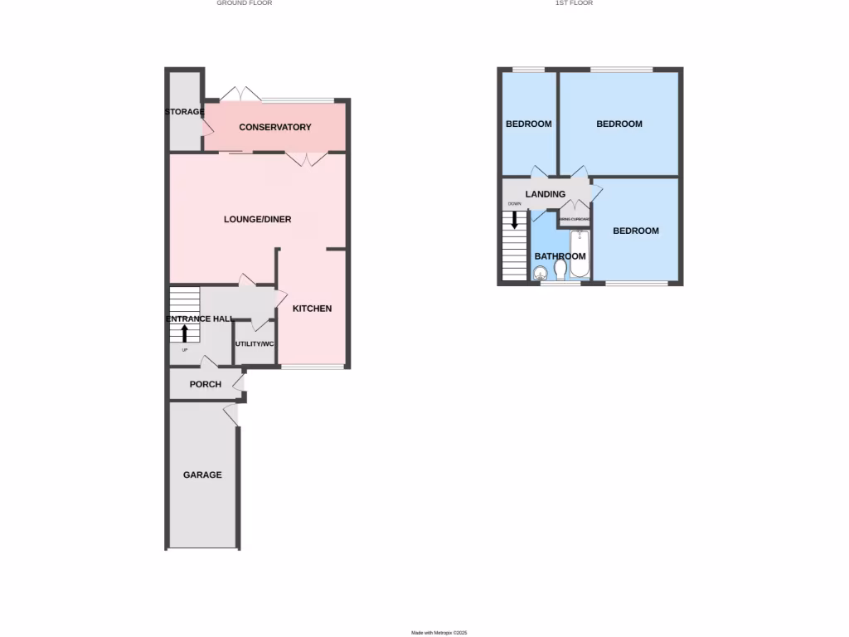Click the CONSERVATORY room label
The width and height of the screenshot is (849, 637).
pos(274,128)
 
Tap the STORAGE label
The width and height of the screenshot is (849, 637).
pos(184,112)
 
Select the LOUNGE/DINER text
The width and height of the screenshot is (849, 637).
pos(257,220)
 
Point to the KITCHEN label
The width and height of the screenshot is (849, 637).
pos(312,309)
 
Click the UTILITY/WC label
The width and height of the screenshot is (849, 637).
pos(255,344)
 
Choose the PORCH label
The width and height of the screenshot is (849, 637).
pos(206,384)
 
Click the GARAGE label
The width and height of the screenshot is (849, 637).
pos(202,475)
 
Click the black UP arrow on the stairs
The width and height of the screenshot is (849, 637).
pos(184,333)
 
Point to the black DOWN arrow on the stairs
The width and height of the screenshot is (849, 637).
pos(515,220)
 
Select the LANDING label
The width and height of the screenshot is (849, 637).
pos(546,195)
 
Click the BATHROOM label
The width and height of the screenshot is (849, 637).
pos(560,257)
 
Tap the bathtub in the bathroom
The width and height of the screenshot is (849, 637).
pos(579,253)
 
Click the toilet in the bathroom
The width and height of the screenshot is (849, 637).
pos(560,271)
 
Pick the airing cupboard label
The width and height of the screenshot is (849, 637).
pos(574,220)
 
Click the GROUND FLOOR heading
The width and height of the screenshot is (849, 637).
pos(245,3)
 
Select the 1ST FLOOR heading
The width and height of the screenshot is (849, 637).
pos(574,3)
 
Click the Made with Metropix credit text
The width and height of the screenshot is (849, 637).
pos(439,633)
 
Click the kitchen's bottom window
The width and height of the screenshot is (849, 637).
pos(312,367)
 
